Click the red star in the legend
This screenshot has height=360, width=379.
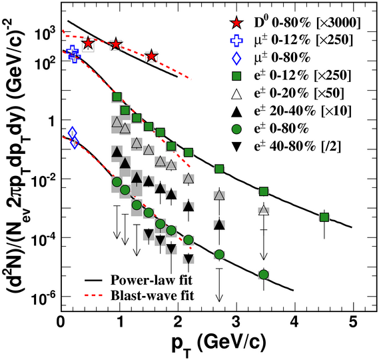[x=236, y=23]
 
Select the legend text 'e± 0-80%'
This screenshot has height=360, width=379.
[x=282, y=129]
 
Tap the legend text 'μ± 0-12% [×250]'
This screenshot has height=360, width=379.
[x=303, y=40]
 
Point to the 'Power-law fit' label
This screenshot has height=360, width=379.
[x=151, y=281]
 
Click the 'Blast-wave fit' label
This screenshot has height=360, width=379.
[x=153, y=295]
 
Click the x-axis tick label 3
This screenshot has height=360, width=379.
[x=236, y=323]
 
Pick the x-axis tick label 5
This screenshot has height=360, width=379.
[x=354, y=323]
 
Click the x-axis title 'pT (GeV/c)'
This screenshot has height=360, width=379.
[x=218, y=344]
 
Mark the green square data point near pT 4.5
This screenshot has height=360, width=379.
[x=324, y=217]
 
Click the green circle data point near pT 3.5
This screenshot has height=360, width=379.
[x=264, y=275]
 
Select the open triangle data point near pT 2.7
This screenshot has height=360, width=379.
[x=219, y=195]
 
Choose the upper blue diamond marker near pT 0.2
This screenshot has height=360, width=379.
[x=73, y=133]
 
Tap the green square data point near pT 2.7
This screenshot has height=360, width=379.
[x=219, y=169]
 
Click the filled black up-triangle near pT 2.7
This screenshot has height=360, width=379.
[x=219, y=225]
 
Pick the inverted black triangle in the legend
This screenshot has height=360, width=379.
[x=236, y=147]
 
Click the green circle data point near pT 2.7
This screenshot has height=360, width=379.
[x=219, y=255]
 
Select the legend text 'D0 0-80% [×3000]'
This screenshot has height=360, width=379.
[x=307, y=23]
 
